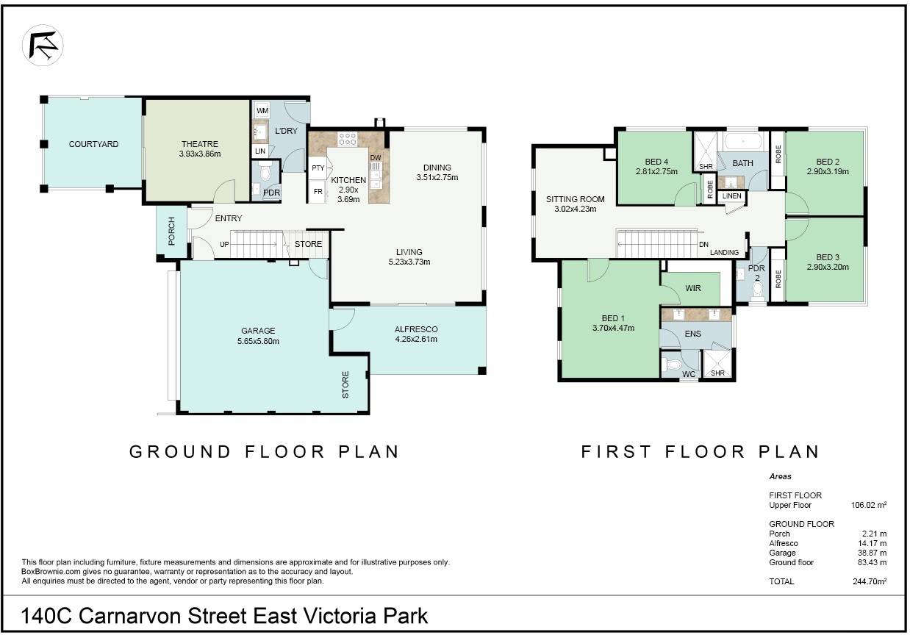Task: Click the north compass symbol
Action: [x=43, y=45]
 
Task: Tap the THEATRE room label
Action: [x=199, y=144]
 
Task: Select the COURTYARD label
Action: [x=93, y=144]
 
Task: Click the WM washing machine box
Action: [x=262, y=110]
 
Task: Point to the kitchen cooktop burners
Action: [x=348, y=139]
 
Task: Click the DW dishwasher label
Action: [x=376, y=157]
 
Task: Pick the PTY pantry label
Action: [x=318, y=168]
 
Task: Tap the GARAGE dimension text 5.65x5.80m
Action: [x=258, y=341]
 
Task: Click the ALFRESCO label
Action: [x=416, y=329]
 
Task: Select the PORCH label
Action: [x=171, y=232]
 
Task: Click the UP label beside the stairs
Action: [x=224, y=244]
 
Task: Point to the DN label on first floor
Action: [x=703, y=244]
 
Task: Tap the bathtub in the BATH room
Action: [x=743, y=141]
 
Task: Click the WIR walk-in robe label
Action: [x=692, y=288]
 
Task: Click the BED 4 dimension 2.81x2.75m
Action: [x=656, y=171]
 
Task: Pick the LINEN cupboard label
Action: [x=731, y=195]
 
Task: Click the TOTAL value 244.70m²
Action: [x=870, y=581]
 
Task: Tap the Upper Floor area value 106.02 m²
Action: [x=869, y=505]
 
